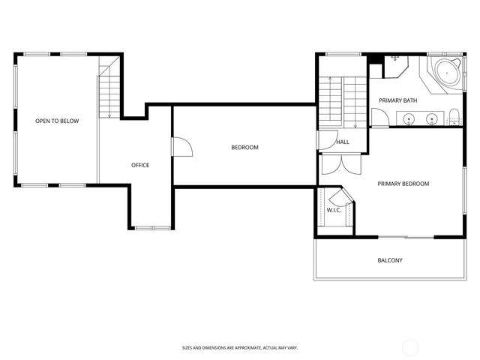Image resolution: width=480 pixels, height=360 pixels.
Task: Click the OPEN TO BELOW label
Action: point(57,121)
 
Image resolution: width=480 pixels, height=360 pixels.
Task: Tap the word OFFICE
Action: point(140,165)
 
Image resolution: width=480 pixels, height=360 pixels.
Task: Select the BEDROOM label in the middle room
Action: point(244,148)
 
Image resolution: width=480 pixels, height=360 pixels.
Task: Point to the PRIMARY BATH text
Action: point(397,100)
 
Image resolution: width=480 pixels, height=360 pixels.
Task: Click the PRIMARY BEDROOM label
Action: point(403,184)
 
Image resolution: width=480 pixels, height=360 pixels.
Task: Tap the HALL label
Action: point(343,142)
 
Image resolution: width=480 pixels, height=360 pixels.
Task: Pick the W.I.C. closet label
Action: point(334,210)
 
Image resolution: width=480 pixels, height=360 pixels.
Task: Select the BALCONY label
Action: point(390,261)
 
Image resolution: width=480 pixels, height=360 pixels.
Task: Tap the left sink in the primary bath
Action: point(409,118)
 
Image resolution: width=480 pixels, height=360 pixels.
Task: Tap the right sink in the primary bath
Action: point(433,118)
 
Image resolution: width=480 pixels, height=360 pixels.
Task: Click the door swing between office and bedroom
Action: point(181,147)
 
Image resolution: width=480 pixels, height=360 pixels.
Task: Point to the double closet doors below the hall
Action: point(334,165)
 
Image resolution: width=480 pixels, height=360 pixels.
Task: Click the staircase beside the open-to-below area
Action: point(109,90)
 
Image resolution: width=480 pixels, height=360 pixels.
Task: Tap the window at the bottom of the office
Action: point(152,227)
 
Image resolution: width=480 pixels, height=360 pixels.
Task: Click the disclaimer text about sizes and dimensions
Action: point(240,347)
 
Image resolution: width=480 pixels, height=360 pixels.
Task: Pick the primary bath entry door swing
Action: point(381,118)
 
